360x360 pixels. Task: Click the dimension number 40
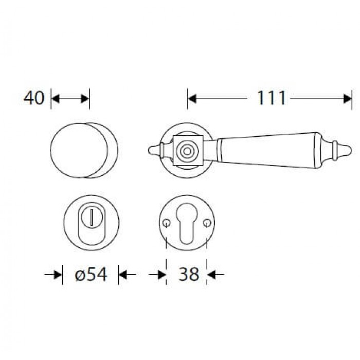33,98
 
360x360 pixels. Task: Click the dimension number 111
272,98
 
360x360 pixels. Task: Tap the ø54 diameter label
91,274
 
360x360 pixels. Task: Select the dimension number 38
189,274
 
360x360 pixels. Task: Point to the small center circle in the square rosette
187,151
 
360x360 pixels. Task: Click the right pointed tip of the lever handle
351,151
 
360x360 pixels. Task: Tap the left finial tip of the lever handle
149,150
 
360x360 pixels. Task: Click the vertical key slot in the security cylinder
92,217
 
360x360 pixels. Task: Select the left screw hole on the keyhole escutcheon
167,223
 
